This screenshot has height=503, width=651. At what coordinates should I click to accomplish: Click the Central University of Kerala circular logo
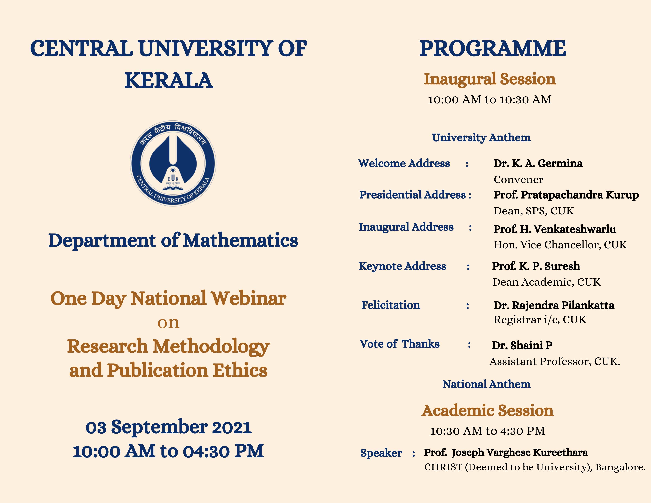pos(173,163)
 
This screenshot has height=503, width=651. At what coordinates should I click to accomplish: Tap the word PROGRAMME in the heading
pos(492,48)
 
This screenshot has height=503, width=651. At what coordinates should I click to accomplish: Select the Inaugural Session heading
pos(490,79)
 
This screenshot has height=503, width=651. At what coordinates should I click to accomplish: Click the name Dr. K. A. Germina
pos(538,163)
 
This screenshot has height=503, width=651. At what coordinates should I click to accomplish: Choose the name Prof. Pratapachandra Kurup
pos(566,195)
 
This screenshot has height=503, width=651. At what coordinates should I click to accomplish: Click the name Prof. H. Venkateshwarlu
pos(555,229)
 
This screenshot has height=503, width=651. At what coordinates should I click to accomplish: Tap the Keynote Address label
pos(402,266)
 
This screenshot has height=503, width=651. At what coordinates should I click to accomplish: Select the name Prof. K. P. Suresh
pos(536,266)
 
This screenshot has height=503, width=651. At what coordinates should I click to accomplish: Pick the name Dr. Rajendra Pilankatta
pos(554,305)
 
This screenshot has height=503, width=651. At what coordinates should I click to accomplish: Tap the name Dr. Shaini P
pos(522,345)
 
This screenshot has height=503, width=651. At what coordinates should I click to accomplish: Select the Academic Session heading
pos(488,411)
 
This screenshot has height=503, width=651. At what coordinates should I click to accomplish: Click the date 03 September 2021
pos(168,427)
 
